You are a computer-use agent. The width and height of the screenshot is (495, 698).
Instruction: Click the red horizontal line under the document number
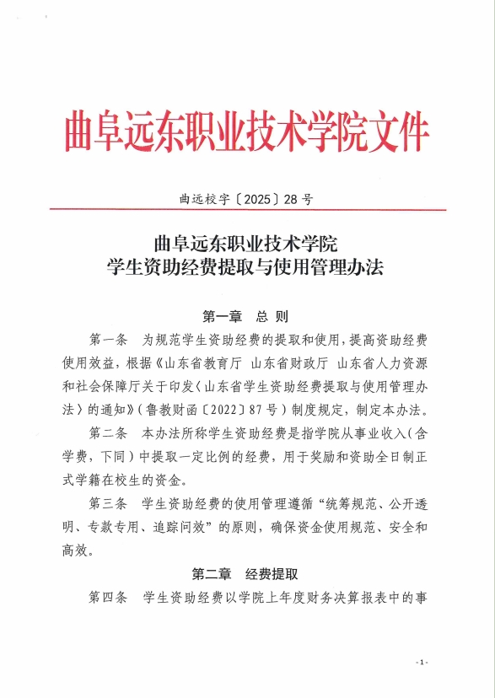tap(247, 212)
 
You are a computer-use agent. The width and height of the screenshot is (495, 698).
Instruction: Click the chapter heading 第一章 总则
tap(246, 317)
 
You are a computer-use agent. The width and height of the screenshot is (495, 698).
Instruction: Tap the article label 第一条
tap(108, 341)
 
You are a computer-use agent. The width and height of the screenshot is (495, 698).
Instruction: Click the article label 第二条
tap(108, 435)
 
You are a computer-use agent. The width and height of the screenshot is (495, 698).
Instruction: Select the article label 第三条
tap(108, 506)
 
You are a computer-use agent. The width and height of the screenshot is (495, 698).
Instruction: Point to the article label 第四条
tap(108, 599)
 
